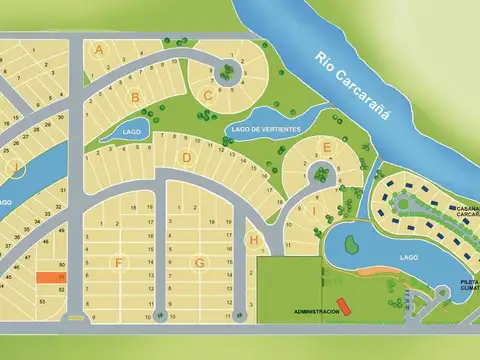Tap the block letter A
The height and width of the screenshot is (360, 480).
(x=99, y=49)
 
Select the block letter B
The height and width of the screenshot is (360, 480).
(x=134, y=97)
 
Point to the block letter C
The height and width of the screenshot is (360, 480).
(x=208, y=96)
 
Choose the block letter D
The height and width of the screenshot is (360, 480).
(x=186, y=157)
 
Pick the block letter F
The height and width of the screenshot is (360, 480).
(x=119, y=263)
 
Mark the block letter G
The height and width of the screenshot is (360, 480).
(x=200, y=263)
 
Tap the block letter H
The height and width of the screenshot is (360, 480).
(x=255, y=240)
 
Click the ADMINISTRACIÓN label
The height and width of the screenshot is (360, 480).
(x=316, y=311)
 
